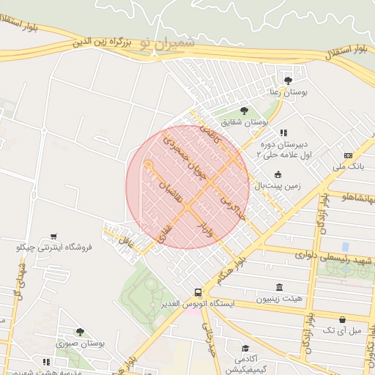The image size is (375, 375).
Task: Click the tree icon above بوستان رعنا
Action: click(287, 81)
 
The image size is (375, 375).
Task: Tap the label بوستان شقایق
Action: click(248, 122)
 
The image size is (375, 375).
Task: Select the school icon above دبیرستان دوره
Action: click(283, 133)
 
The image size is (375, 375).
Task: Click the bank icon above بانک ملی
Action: click(348, 155)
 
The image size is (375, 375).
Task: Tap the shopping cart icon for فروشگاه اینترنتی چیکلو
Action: click(53, 237)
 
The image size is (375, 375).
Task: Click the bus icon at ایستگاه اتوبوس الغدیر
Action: click(198, 291)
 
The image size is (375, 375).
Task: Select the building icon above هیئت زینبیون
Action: click(278, 286)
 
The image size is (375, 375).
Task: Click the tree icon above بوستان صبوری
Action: click(80, 332)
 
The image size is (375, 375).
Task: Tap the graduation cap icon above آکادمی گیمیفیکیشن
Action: click(247, 347)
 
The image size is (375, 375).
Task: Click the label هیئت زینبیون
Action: click(278, 299)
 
